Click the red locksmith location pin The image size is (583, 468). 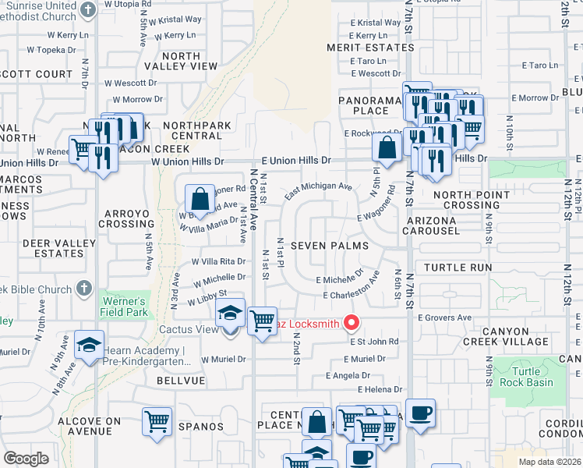tap(352, 321)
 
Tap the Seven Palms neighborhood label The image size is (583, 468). tap(323, 246)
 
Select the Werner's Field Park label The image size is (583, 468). tap(122, 307)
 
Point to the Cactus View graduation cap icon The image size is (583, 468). tap(230, 313)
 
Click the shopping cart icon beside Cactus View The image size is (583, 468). tap(262, 321)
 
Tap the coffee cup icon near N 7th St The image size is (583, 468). tap(420, 413)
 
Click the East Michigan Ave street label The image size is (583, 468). tap(318, 190)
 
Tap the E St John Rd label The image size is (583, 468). tap(374, 342)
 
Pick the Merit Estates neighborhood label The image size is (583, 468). tap(370, 48)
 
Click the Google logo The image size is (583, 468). tap(26, 458)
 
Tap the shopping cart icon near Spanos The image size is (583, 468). tap(157, 422)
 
